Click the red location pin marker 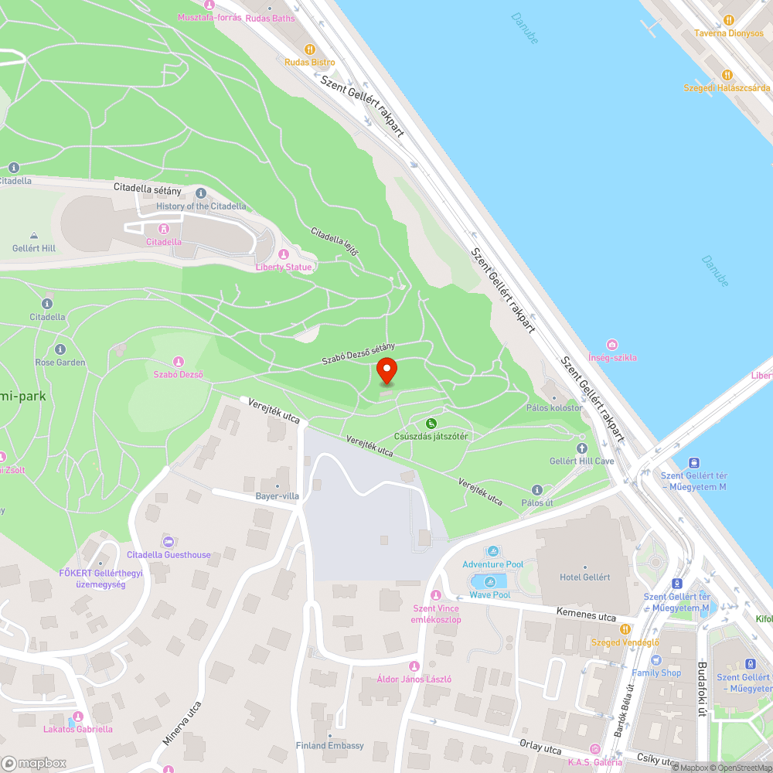pos(386,371)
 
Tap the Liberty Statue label pos(284,267)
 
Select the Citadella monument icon pos(164,229)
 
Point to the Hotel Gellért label pos(584,577)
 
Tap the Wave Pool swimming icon pos(489,581)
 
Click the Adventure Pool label pos(492,565)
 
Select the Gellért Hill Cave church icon pos(581,448)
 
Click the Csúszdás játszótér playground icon pos(431,423)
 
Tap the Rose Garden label pos(60,362)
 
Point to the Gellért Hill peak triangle pos(34,236)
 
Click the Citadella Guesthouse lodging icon pos(168,541)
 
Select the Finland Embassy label pos(329,745)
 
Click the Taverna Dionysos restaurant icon pos(727,20)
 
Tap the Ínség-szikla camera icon pos(612,345)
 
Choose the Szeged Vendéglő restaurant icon pos(625,629)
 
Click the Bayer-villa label pos(277,496)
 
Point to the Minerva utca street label pos(182,724)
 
